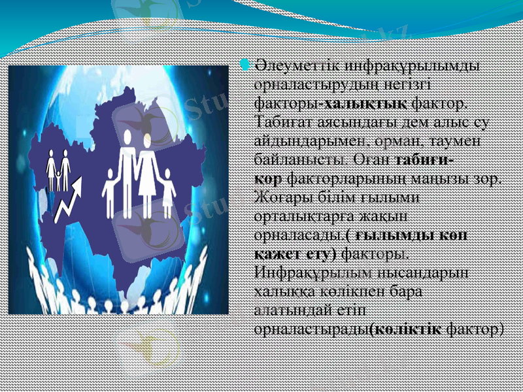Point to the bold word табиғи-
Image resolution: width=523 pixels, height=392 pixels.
click(426, 159)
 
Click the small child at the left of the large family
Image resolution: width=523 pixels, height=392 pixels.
click(109, 192)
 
